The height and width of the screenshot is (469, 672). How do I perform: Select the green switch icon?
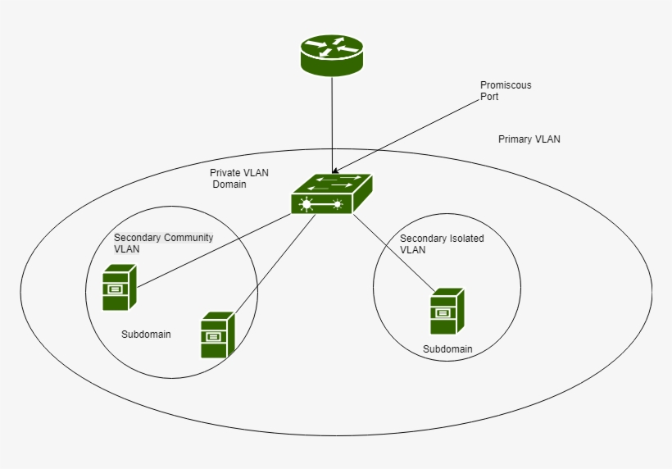[x=331, y=194]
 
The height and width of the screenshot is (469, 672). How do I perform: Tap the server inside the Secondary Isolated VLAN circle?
[x=447, y=311]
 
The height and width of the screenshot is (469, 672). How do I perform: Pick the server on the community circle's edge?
[x=217, y=335]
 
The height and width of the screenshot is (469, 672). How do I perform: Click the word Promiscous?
[x=506, y=85]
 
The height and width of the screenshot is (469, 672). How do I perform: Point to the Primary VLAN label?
[x=529, y=139]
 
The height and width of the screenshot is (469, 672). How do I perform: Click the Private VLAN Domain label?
[x=238, y=179]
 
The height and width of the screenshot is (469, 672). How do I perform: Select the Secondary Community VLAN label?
[x=162, y=243]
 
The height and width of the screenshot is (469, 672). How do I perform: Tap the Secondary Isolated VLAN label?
[x=442, y=244]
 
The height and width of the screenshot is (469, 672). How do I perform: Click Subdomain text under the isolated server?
[x=447, y=349]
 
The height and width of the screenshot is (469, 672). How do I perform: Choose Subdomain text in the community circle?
[x=146, y=335]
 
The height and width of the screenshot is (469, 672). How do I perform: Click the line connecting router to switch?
[x=332, y=123]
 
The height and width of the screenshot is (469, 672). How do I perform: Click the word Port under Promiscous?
[x=489, y=97]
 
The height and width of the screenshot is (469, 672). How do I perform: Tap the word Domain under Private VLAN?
[x=230, y=184]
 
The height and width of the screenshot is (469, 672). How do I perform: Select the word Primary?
[x=515, y=139]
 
